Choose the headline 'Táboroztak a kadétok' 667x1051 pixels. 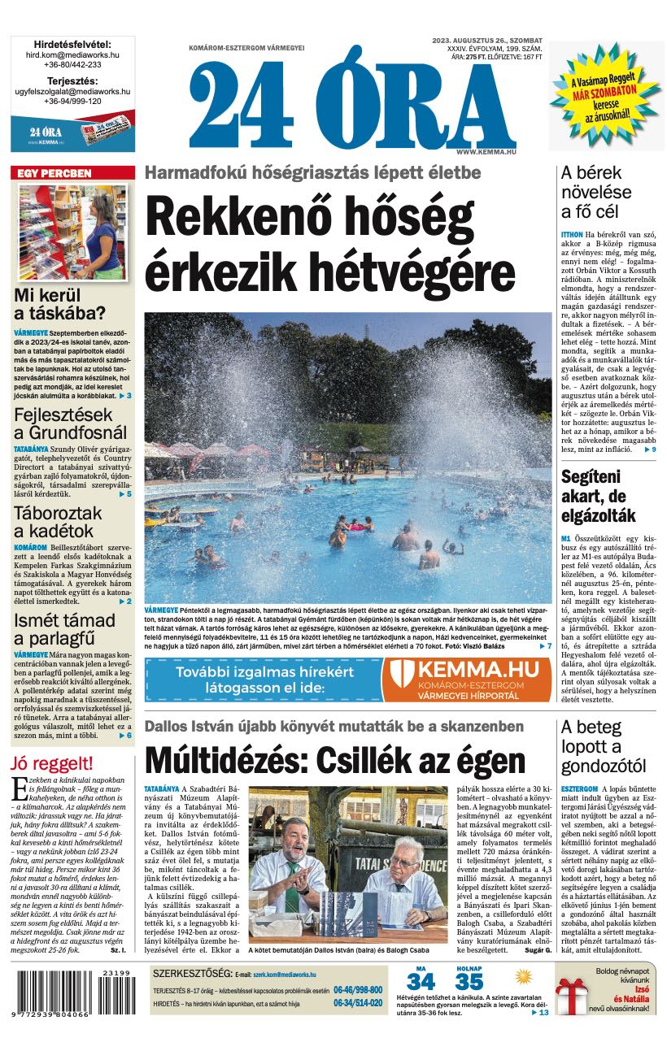(58, 522)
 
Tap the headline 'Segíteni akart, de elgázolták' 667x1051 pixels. (599, 496)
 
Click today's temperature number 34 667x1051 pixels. (421, 981)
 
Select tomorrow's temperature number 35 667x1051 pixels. (469, 981)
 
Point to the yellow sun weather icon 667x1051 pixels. (524, 975)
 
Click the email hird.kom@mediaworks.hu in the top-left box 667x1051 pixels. (72, 54)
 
